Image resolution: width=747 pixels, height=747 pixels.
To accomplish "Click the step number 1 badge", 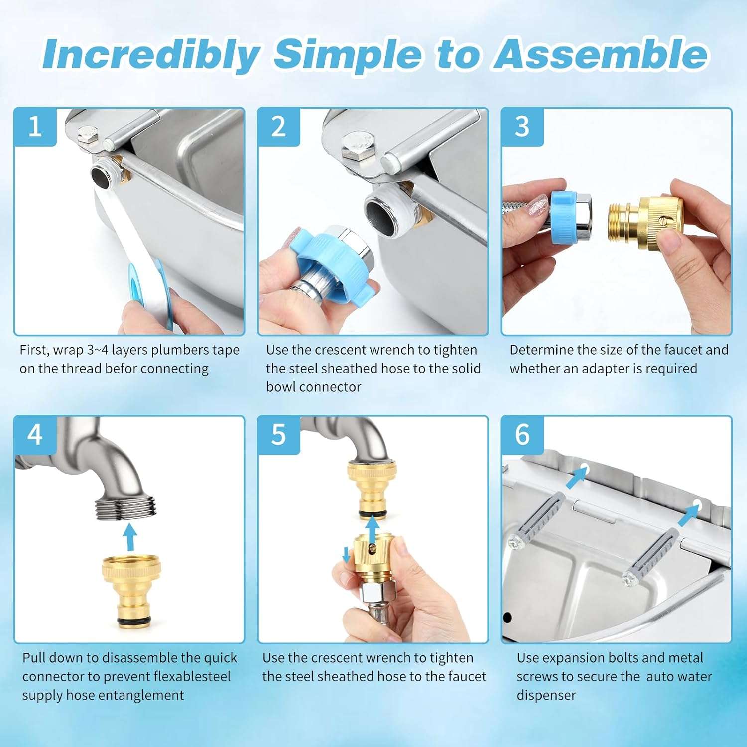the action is [35, 127].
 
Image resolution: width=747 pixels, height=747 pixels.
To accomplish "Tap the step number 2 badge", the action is [279, 127].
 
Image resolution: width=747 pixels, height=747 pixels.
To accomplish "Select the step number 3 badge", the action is [522, 127].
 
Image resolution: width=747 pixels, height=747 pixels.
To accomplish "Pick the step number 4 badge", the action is [35, 435].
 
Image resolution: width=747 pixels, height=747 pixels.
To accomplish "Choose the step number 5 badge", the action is [279, 435].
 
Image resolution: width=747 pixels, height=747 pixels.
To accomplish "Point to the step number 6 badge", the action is [522, 435].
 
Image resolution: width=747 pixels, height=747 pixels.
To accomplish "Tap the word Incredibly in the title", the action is [151, 55].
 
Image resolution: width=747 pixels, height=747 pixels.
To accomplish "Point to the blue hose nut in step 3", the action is [564, 218].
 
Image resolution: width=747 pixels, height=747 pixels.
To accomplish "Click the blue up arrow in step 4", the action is [130, 536].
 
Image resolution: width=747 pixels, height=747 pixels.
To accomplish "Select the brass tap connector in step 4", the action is [131, 593].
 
